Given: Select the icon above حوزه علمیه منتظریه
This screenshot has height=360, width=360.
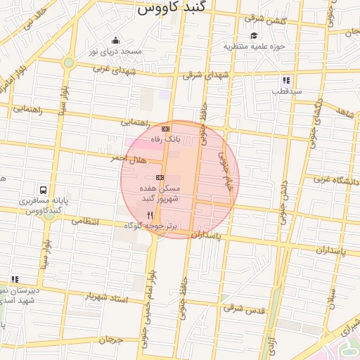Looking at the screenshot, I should point(253,36).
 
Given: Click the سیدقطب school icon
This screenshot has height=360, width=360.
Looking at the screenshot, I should point(287,80).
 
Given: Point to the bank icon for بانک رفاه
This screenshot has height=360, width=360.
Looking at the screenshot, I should point(165,129).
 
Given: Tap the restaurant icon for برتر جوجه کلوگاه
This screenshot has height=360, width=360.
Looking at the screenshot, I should point(149,214).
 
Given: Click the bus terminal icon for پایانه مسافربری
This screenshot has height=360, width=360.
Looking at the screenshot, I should point(44,190).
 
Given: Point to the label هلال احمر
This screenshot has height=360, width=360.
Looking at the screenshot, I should point(128,160).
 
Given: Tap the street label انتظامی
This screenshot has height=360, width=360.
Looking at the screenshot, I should point(86,221).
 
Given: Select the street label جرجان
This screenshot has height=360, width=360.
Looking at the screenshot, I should point(110,340).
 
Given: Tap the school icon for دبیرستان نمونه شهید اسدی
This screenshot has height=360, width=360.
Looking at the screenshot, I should point(15,280).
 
